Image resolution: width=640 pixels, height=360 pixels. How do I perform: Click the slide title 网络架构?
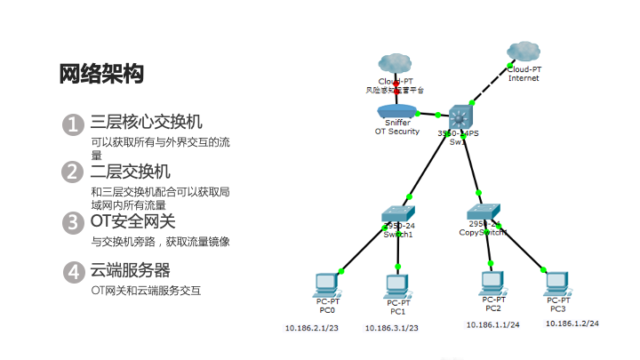pos(100,74)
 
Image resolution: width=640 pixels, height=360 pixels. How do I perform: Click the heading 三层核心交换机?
pos(147,123)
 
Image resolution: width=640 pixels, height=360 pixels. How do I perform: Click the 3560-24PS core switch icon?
pos(461,116)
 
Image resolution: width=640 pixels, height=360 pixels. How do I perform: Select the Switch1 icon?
pos(398,214)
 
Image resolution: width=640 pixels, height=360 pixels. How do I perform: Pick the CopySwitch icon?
pos(484,212)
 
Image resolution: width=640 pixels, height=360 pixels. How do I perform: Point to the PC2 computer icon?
pos(493,283)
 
